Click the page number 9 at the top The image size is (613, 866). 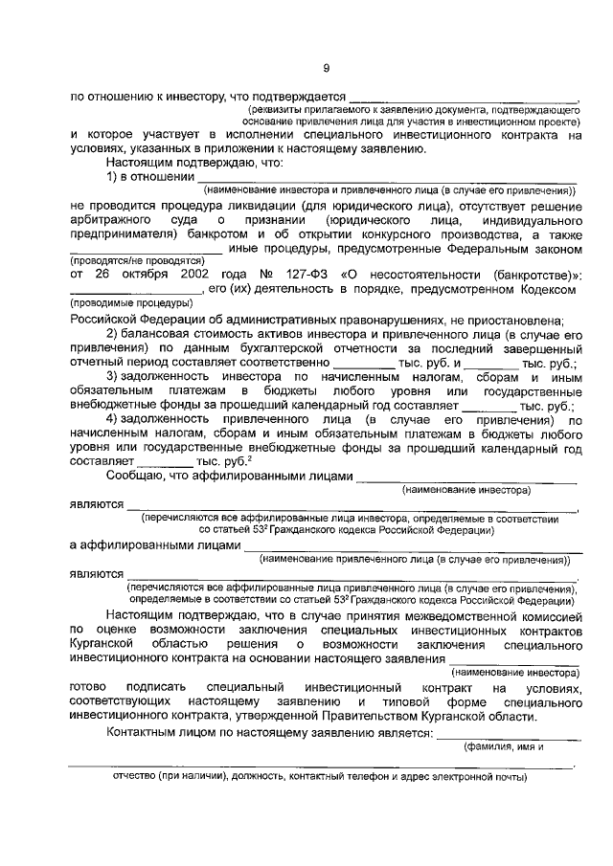(x=326, y=67)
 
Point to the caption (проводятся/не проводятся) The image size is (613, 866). (x=139, y=260)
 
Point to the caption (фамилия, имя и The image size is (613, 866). (x=504, y=747)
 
